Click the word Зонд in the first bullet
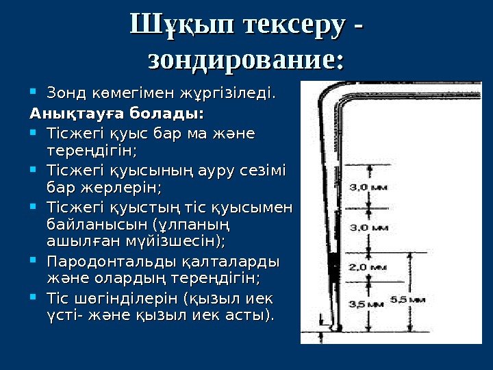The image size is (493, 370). coord(64,92)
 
